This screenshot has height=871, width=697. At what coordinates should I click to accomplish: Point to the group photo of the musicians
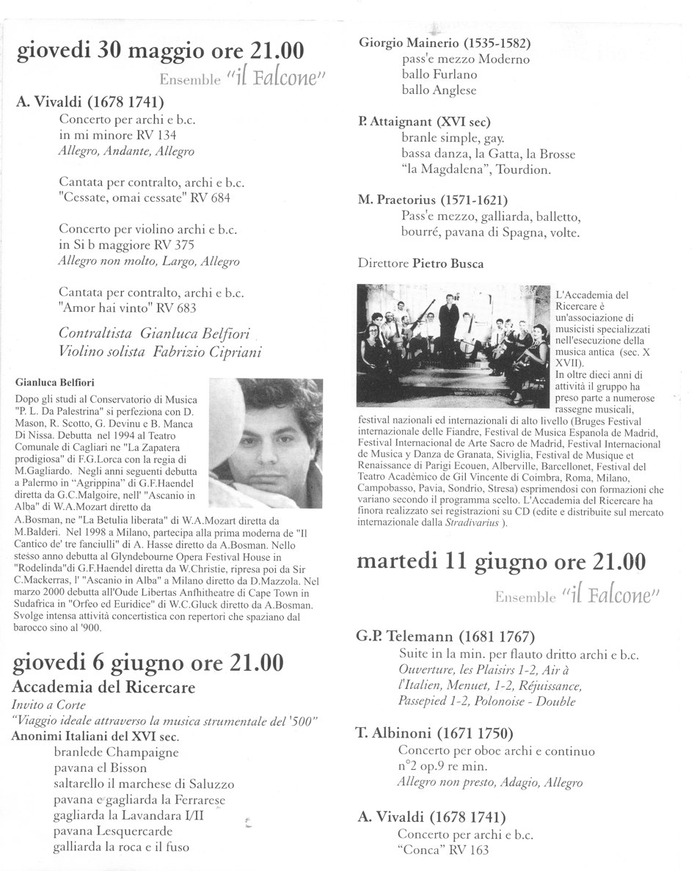pos(453,345)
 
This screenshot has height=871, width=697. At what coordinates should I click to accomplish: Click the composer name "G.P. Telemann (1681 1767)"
pos(447,636)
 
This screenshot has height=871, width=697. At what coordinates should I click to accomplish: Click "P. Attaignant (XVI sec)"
pos(425,122)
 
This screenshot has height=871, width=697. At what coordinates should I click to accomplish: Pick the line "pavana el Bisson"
pos(100,768)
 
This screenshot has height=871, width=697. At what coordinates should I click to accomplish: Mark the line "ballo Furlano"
pos(439,74)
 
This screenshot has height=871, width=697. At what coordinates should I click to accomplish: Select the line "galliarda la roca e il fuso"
pos(121,847)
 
